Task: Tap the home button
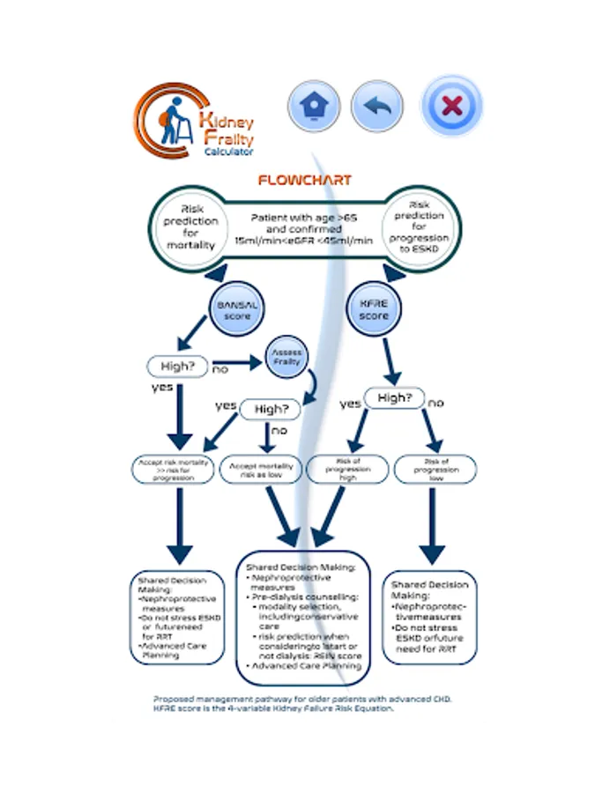pos(314,107)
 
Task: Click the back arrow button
pos(377,107)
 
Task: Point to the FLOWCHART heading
pos(304,180)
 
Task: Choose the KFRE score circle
pos(376,308)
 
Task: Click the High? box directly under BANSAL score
pos(179,366)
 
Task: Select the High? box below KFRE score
pos(394,398)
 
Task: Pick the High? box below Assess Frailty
pos(271,409)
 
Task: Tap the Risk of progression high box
pos(346,469)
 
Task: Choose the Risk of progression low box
pos(433,469)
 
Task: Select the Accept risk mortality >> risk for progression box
pos(174,469)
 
